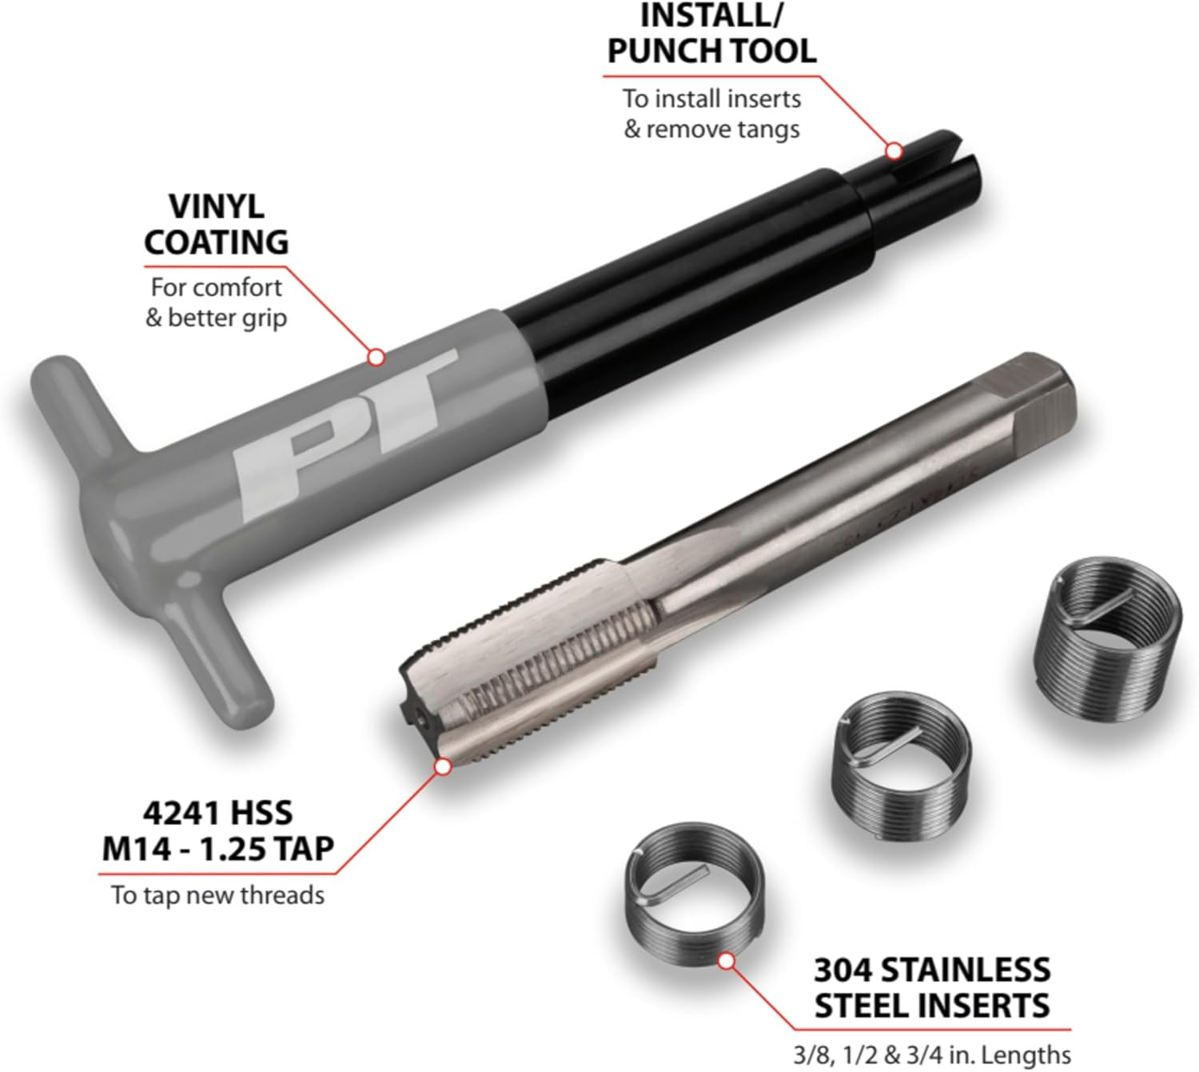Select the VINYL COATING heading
(217, 224)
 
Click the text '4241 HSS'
(217, 813)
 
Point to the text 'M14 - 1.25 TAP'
(217, 848)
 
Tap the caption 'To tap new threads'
(217, 894)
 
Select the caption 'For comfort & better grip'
(217, 302)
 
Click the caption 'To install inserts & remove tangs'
(711, 114)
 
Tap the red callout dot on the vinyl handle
(376, 357)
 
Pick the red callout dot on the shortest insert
(727, 961)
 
